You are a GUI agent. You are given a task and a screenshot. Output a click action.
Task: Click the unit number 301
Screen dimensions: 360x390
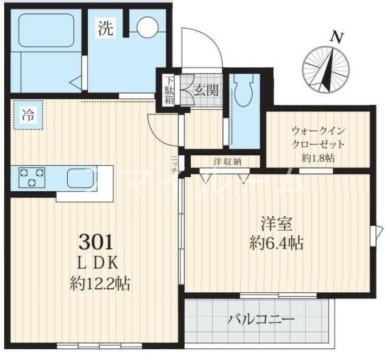[95, 242]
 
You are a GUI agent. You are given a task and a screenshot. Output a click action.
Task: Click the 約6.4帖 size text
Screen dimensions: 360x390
[276, 243]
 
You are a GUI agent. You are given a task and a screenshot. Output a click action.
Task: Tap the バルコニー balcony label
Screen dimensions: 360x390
[261, 319]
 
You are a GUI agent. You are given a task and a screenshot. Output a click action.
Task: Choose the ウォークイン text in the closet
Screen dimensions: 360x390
[319, 130]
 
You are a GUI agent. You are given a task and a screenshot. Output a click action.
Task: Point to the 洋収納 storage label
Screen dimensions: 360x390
[227, 162]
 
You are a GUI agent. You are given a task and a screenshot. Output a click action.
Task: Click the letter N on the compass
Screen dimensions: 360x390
[334, 36]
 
